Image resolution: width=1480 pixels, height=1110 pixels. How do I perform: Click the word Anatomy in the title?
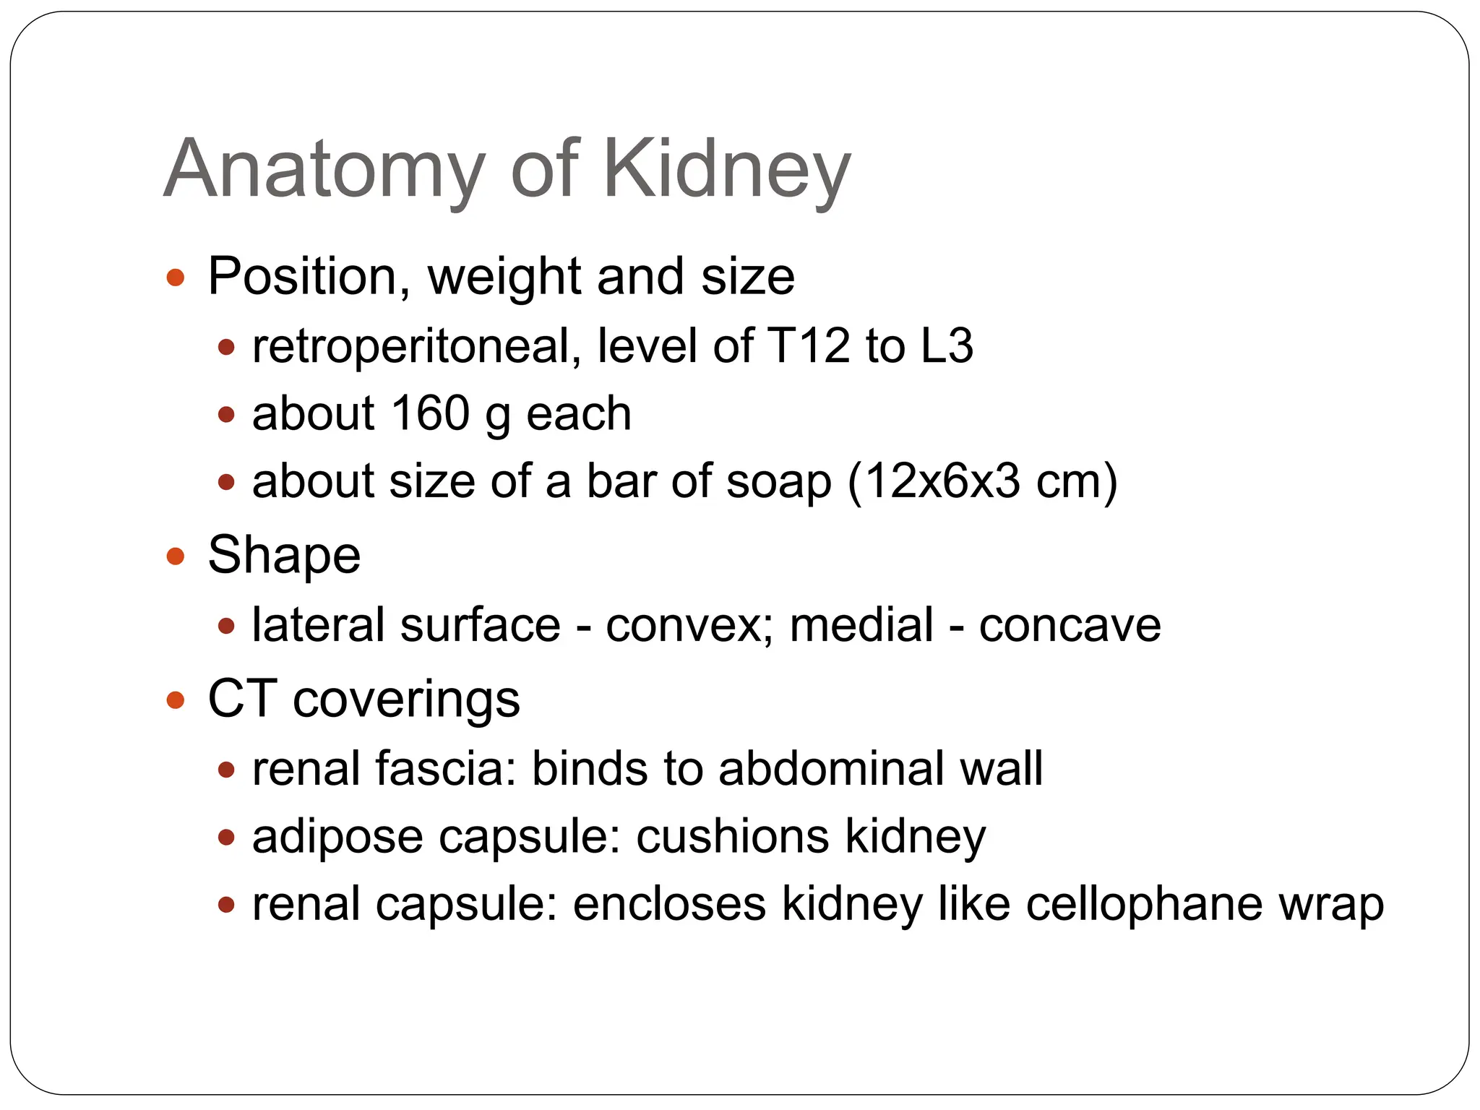(324, 171)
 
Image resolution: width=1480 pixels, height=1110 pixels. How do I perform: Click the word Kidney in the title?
(726, 171)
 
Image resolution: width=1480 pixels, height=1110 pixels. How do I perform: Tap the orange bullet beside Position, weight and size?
(176, 277)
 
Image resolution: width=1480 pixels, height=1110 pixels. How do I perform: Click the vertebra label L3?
(947, 346)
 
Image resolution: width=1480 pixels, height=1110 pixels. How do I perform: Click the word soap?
(778, 481)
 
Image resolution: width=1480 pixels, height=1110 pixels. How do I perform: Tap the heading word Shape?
(284, 556)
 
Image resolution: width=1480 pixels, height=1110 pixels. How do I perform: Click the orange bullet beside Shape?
(176, 556)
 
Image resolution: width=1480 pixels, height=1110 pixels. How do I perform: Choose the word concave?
(1070, 625)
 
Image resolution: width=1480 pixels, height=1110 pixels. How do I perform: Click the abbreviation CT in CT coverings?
(242, 699)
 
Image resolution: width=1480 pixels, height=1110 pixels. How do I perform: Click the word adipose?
(337, 837)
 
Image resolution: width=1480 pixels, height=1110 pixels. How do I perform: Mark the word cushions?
(732, 837)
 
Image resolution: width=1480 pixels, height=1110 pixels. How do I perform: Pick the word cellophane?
(1144, 904)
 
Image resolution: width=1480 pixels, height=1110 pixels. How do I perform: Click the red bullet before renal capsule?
(227, 905)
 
